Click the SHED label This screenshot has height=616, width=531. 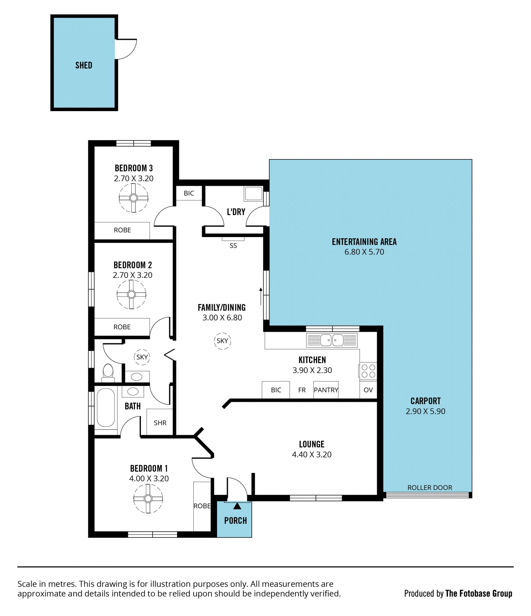click(84, 65)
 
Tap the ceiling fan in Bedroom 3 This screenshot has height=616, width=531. click(133, 198)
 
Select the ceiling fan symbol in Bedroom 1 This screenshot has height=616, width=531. click(148, 499)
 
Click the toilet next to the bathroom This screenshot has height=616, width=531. click(108, 373)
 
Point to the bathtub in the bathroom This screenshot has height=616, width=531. click(106, 407)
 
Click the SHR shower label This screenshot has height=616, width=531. click(160, 423)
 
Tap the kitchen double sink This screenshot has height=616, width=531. click(332, 340)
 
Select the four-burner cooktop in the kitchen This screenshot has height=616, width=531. click(368, 371)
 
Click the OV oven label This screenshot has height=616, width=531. click(368, 390)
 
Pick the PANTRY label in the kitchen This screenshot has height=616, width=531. click(326, 390)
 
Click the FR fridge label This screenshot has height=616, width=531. click(302, 390)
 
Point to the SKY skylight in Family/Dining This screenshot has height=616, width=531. click(222, 341)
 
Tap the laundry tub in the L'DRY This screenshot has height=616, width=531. click(254, 194)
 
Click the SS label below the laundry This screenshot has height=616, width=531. click(233, 246)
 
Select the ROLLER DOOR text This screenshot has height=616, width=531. click(430, 488)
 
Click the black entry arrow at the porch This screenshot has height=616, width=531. click(237, 506)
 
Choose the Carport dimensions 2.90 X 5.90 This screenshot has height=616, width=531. click(426, 411)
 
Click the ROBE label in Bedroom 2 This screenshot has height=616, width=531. click(122, 327)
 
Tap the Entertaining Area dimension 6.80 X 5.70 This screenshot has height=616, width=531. click(364, 252)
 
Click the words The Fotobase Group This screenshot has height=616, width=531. click(479, 593)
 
